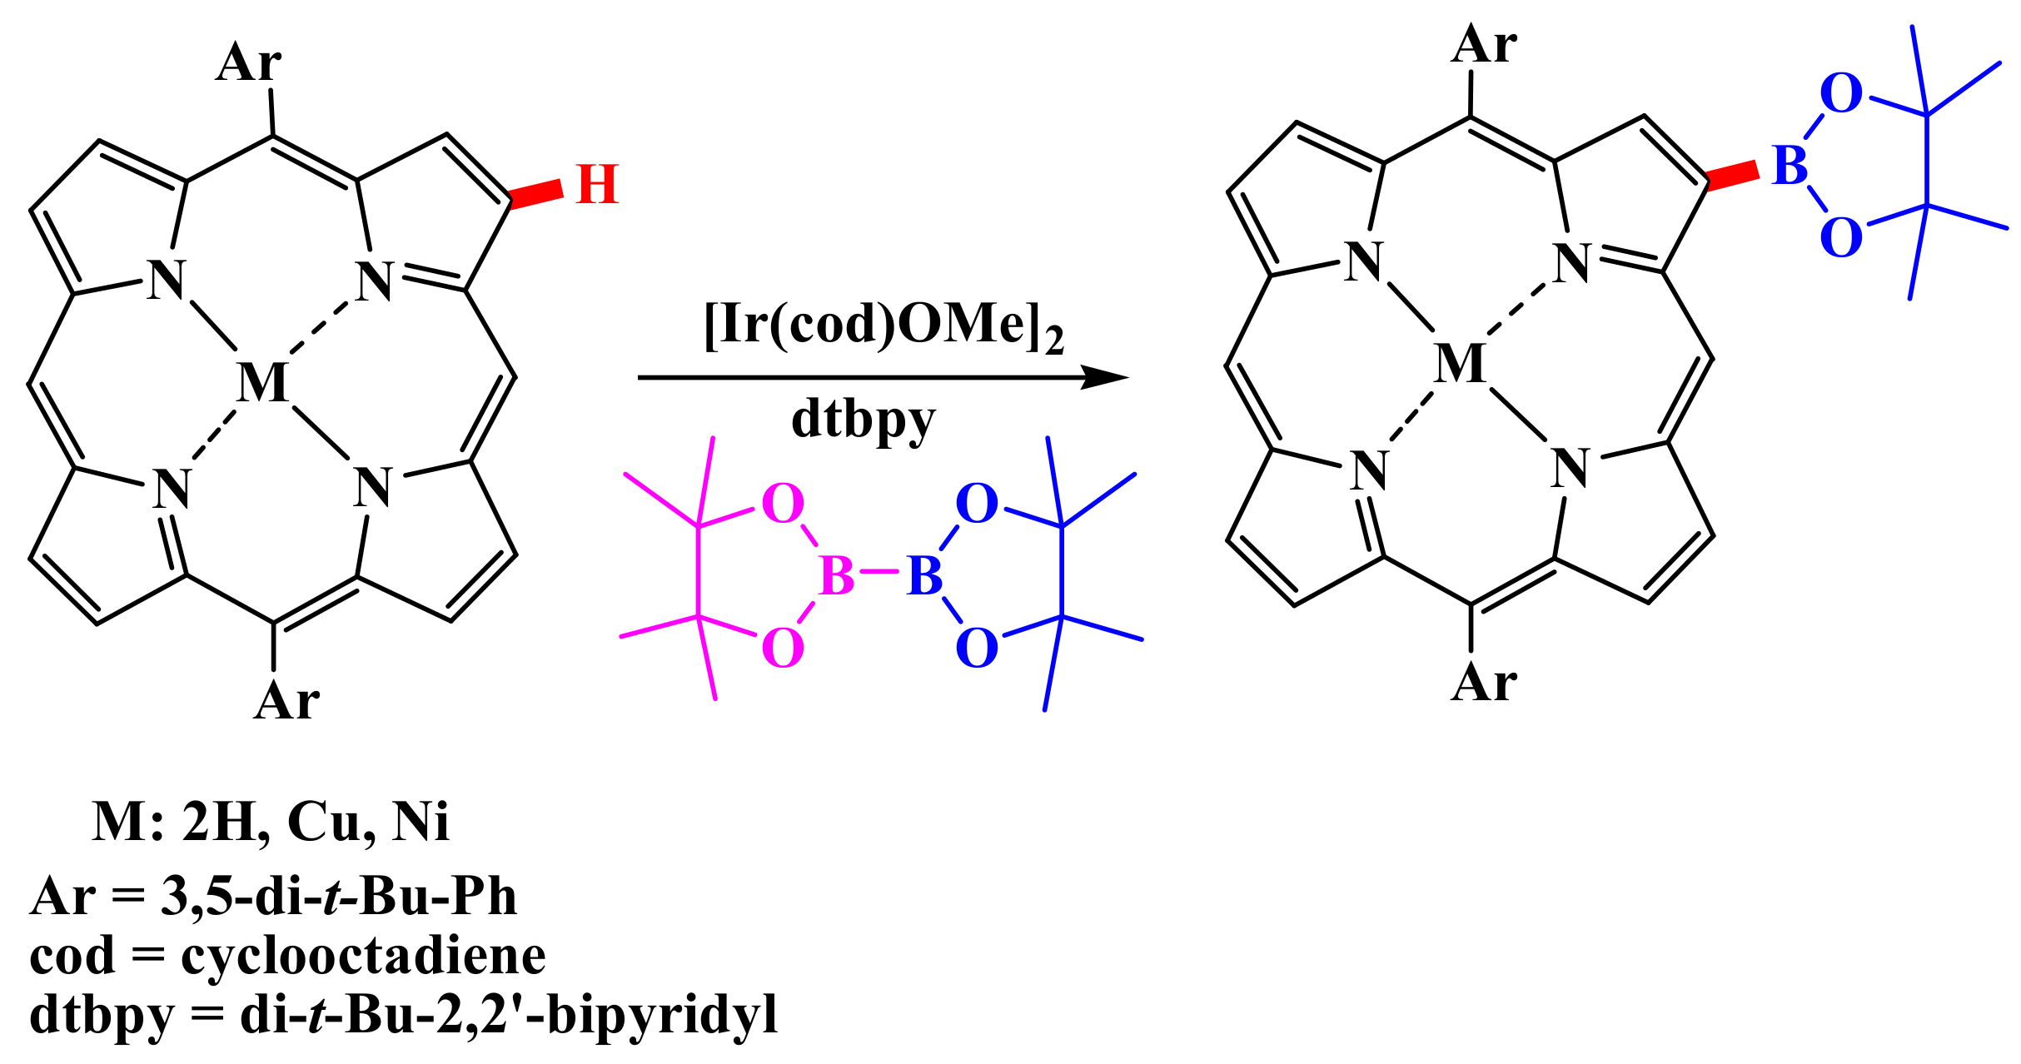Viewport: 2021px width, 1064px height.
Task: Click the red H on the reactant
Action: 597,185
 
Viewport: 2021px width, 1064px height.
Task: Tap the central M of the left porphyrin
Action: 263,383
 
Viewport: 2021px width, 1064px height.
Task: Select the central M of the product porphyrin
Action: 1461,364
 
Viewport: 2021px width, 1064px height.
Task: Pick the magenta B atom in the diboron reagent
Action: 836,575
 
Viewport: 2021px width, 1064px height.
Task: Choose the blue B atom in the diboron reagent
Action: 924,575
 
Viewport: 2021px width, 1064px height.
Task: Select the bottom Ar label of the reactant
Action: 286,701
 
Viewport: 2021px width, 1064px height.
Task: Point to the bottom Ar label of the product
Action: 1484,684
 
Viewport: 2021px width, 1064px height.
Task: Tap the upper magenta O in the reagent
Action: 783,504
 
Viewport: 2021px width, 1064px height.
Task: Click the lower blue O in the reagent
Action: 977,648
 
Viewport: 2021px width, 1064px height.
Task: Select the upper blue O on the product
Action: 1841,93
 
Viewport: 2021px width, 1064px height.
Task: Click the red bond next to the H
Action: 537,194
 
